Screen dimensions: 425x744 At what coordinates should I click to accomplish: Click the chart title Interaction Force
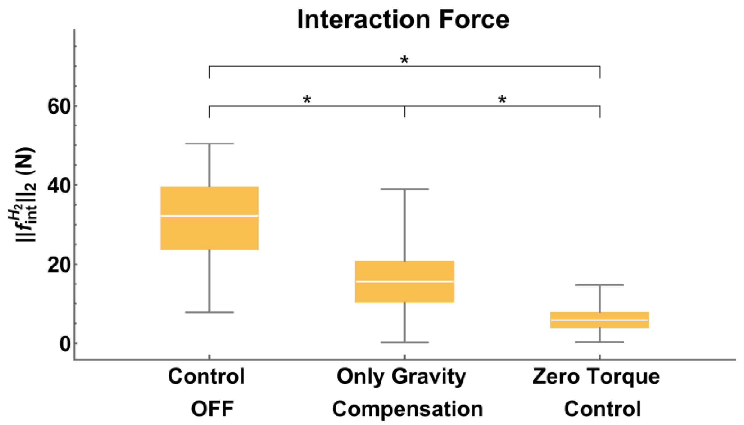tap(403, 20)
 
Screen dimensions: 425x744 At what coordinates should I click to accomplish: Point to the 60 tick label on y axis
tap(59, 106)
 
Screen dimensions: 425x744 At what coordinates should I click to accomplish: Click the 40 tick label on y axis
tap(59, 185)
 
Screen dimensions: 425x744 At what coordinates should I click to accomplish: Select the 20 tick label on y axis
tap(59, 265)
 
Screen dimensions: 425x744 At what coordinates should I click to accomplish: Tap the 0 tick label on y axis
tap(65, 344)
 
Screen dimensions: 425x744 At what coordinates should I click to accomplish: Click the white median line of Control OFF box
tap(209, 216)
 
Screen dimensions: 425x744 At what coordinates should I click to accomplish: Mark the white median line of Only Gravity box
tap(404, 281)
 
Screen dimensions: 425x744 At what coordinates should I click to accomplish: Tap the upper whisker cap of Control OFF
tap(209, 144)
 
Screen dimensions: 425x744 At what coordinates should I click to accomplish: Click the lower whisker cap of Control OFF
tap(209, 313)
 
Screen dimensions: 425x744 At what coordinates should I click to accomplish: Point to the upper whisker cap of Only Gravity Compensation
tap(404, 189)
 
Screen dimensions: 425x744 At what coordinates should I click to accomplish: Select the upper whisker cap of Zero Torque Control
tap(600, 285)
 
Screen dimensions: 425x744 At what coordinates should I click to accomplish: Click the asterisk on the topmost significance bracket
tap(404, 60)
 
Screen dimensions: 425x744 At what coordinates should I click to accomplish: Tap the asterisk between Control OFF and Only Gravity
tap(307, 99)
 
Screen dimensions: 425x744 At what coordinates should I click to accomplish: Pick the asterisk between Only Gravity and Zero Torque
tap(502, 99)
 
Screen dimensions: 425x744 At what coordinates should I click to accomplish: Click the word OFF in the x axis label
tap(212, 409)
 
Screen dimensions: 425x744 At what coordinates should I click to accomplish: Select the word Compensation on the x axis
tap(407, 409)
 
